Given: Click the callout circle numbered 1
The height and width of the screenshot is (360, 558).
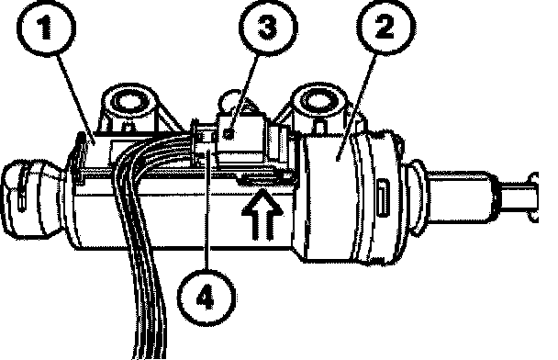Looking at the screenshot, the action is (x=46, y=28).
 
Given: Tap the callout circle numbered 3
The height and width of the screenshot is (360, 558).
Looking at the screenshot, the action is (x=268, y=28).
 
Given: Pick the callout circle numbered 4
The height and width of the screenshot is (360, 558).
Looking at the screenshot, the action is (x=206, y=298).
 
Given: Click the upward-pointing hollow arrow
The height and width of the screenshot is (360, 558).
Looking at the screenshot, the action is (x=262, y=214).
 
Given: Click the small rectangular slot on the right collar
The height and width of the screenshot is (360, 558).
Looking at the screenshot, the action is (x=383, y=197).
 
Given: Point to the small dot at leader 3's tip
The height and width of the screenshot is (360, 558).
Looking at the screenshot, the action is (x=229, y=134).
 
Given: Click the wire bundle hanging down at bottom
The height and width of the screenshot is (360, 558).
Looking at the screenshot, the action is (x=142, y=249).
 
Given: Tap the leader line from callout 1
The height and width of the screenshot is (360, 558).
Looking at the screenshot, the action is (x=74, y=97).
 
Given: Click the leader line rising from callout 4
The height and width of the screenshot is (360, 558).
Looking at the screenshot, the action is (x=206, y=210).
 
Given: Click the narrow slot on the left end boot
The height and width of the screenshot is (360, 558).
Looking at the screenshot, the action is (x=21, y=190).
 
